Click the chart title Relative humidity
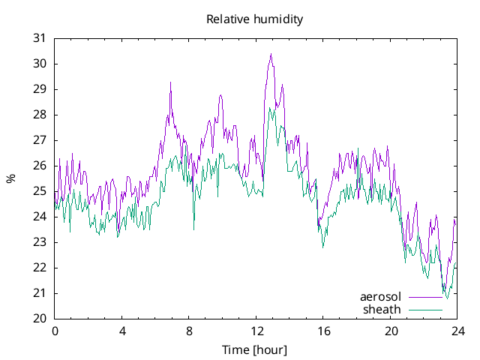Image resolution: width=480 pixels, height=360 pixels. pyautogui.click(x=255, y=19)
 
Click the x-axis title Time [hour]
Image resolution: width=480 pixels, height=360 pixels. pyautogui.click(x=255, y=349)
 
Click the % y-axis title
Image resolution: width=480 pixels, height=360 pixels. pyautogui.click(x=10, y=178)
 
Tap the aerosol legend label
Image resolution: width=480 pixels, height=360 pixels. pyautogui.click(x=381, y=297)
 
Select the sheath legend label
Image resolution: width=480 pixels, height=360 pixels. pyautogui.click(x=382, y=309)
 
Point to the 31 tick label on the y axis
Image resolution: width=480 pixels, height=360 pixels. pyautogui.click(x=40, y=38)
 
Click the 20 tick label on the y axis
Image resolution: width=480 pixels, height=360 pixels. pyautogui.click(x=40, y=319)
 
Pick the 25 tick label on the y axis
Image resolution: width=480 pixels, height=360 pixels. pyautogui.click(x=40, y=191)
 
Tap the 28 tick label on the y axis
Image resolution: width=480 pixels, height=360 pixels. pyautogui.click(x=40, y=115)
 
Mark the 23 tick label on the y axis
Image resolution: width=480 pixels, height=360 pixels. pyautogui.click(x=40, y=242)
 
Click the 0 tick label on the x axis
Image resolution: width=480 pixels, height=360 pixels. pyautogui.click(x=55, y=331)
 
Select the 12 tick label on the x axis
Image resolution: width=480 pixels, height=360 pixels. pyautogui.click(x=256, y=331)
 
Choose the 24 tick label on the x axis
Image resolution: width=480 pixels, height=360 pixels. pyautogui.click(x=458, y=331)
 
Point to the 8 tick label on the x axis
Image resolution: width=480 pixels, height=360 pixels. pyautogui.click(x=189, y=331)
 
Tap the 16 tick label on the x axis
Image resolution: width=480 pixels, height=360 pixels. pyautogui.click(x=324, y=331)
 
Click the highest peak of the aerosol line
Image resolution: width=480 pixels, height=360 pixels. pyautogui.click(x=271, y=54)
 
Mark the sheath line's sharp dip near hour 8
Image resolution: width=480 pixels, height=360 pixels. pyautogui.click(x=193, y=229)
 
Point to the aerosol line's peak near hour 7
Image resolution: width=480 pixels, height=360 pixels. pyautogui.click(x=170, y=82)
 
